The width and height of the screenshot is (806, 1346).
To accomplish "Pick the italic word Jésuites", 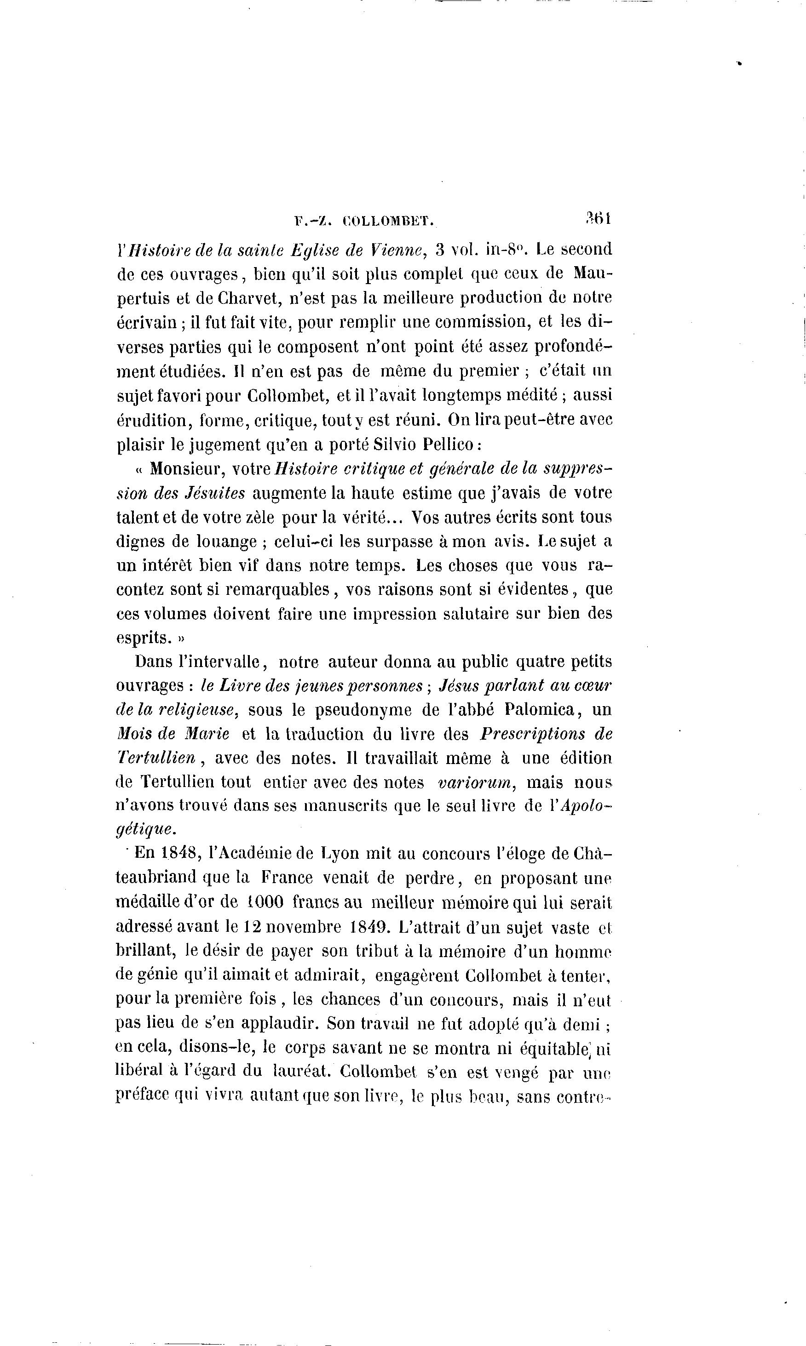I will pyautogui.click(x=215, y=493).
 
